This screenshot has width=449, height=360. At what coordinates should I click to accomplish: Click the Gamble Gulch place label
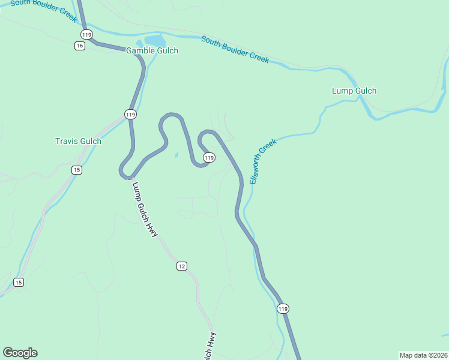152,51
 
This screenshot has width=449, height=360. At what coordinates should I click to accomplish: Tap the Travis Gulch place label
78,142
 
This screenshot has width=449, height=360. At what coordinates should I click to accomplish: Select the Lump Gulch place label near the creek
354,91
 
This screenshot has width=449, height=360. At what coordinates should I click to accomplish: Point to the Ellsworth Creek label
263,161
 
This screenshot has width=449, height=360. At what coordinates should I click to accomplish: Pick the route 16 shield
80,46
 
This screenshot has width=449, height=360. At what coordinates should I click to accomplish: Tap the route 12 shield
182,266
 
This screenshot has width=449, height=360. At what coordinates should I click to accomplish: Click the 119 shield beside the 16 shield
87,35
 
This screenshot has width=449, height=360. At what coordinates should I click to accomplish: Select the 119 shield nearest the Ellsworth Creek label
209,157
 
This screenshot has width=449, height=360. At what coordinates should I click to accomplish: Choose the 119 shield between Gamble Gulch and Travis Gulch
131,114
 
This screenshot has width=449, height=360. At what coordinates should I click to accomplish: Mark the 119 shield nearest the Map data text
283,308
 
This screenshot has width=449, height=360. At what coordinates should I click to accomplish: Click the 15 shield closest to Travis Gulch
76,170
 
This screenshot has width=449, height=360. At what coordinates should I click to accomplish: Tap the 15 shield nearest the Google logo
19,282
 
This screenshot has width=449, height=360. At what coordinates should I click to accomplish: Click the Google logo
20,353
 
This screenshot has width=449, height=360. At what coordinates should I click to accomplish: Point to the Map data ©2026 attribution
423,355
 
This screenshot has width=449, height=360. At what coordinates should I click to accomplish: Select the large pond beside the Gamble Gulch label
155,41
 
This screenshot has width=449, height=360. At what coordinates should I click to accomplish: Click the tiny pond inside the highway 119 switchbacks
176,155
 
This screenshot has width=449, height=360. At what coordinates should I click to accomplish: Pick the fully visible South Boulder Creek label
235,49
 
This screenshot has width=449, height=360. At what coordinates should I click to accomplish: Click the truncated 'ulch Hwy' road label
208,346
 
